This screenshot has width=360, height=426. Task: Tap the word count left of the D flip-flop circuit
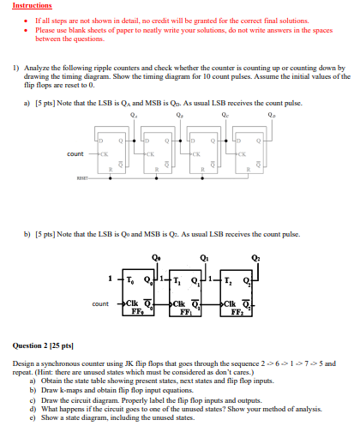75,153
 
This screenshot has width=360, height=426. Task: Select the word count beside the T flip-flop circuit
100,303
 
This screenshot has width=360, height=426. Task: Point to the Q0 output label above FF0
156,257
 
